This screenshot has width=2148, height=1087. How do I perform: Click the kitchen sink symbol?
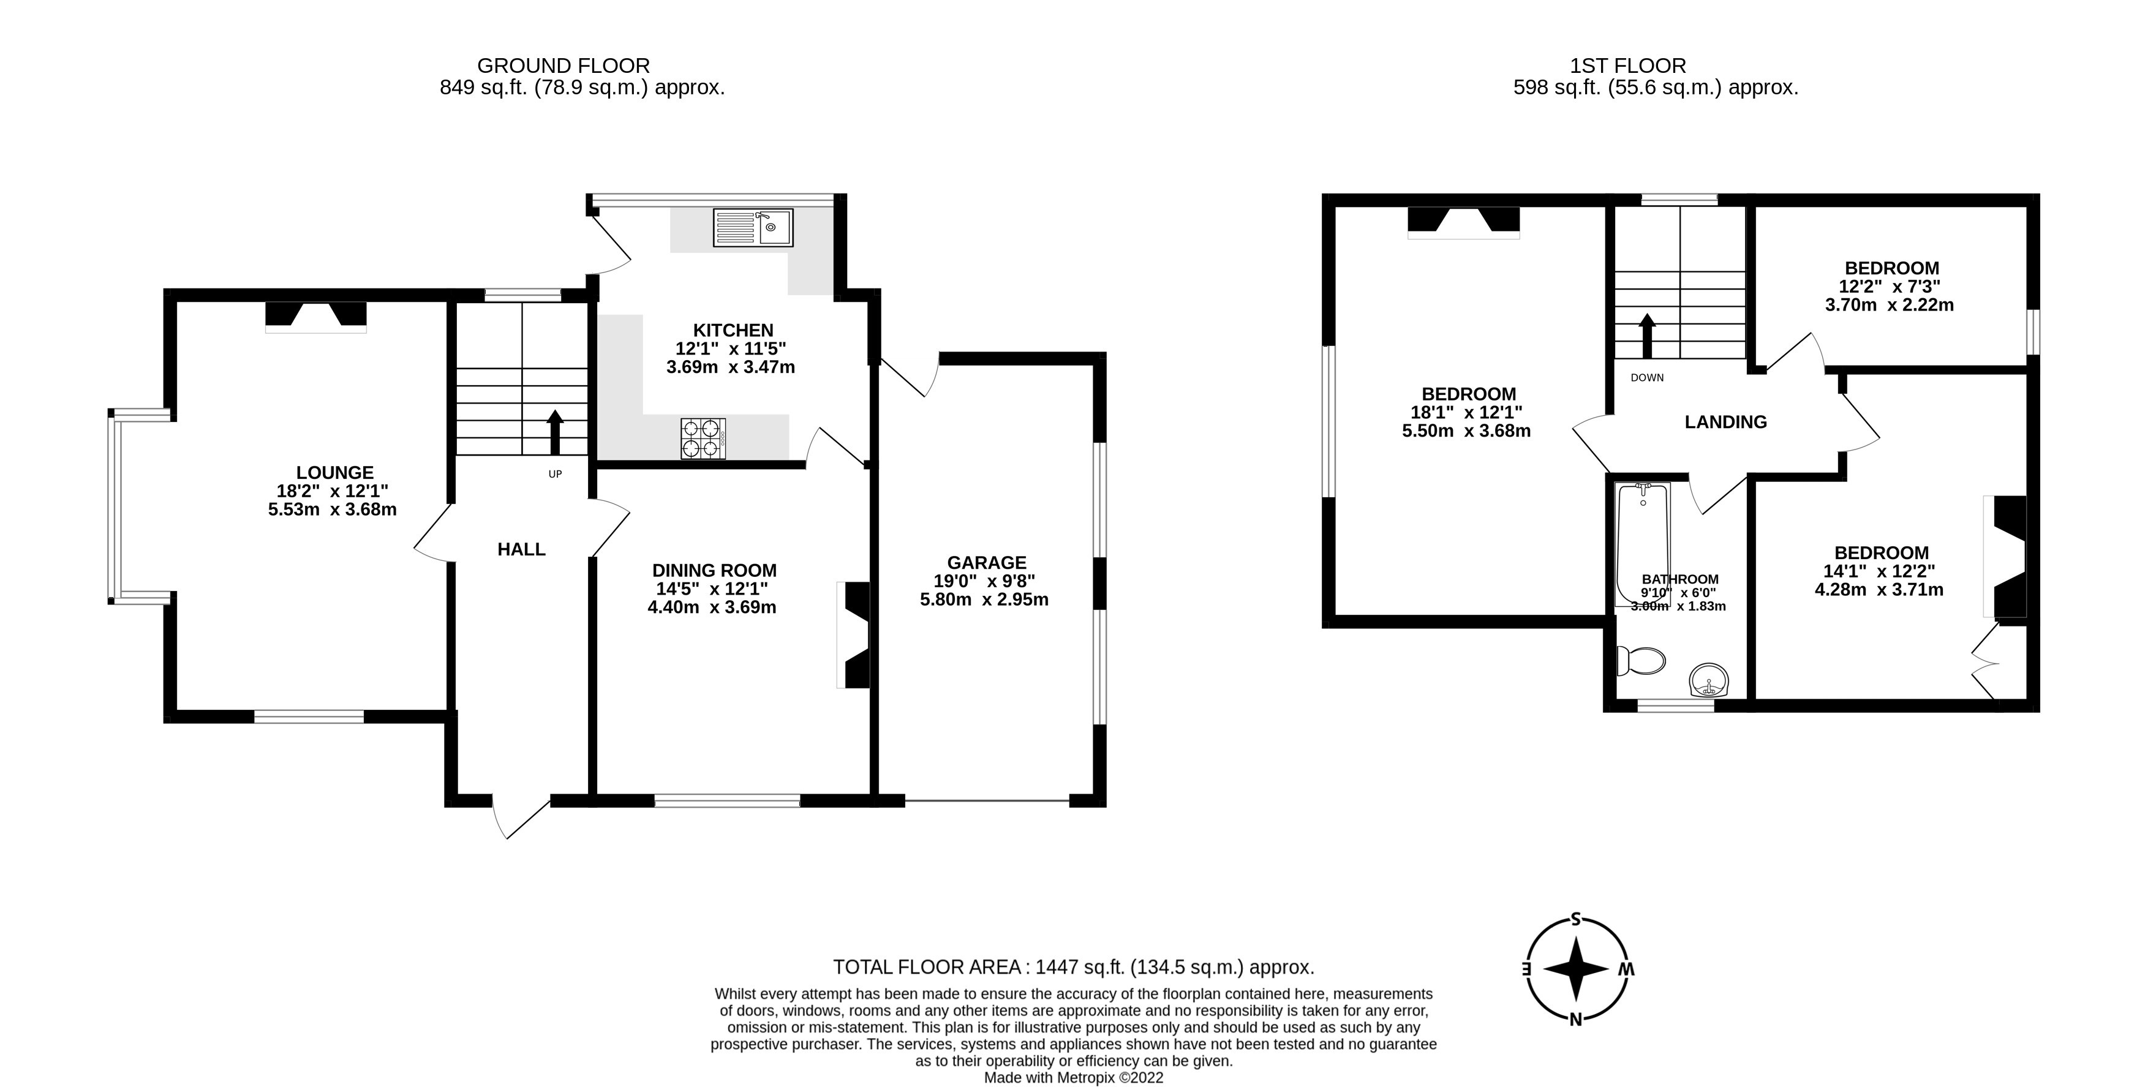752,228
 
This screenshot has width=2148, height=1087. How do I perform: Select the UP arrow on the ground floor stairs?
554,431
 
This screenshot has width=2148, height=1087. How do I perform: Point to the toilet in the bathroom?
1640,661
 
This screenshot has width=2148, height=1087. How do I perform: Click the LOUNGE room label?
334,473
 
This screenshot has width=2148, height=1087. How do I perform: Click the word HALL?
521,549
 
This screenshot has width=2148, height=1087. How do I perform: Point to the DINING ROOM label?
714,571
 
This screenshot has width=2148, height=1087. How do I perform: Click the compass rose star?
1575,969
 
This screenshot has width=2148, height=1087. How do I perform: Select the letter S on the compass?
1575,919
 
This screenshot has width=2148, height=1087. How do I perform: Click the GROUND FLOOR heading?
563,66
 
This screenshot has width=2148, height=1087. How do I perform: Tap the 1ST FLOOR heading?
1627,66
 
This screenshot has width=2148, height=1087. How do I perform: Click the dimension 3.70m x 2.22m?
1889,305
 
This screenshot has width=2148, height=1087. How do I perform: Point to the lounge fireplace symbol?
315,317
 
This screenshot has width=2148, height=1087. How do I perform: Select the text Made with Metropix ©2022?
1073,1078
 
